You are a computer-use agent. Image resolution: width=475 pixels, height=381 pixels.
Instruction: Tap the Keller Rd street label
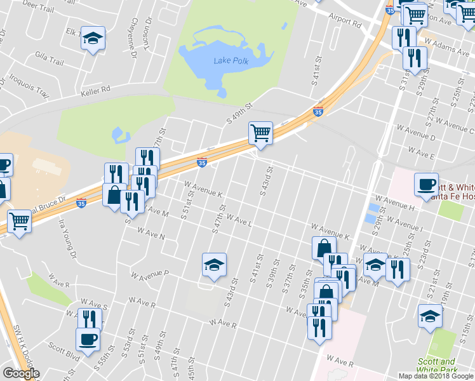click(96, 90)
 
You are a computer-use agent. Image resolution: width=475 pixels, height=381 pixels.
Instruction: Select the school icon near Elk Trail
click(93, 38)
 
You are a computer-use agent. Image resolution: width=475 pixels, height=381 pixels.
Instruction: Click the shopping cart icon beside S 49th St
click(260, 133)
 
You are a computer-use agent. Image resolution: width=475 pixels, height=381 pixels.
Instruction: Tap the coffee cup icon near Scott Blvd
click(88, 338)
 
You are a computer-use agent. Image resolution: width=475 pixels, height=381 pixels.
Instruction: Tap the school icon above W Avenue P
click(214, 265)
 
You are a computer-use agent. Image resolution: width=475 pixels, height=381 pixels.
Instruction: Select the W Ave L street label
click(237, 220)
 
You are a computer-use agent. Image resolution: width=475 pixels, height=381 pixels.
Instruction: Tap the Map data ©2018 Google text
click(436, 376)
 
